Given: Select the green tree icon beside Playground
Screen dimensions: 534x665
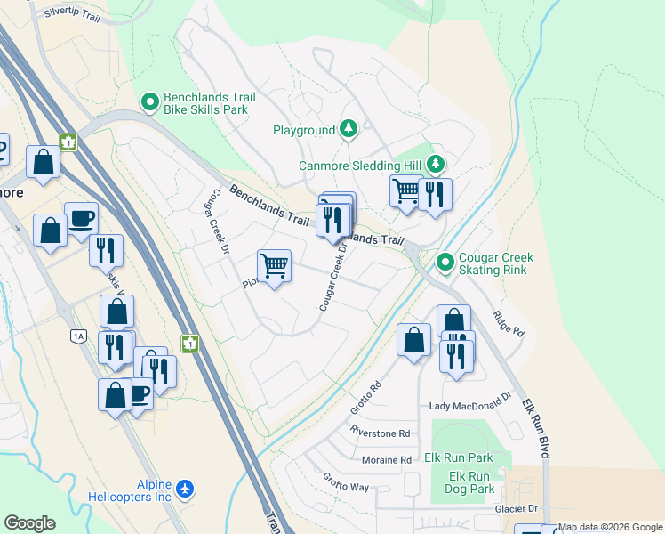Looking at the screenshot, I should pos(349,130).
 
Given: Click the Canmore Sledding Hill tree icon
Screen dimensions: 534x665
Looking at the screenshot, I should pos(435,164).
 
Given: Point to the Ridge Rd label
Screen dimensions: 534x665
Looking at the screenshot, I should pos(509,322).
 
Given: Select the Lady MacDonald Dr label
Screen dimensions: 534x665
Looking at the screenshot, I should pos(471,405).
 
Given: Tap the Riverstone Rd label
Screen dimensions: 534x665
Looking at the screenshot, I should pos(380,433).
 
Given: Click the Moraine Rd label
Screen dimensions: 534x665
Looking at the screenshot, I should pos(387,460).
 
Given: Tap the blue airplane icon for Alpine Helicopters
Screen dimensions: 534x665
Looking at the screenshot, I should pos(185,489).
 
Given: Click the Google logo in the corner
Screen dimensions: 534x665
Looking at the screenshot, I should pos(29,523).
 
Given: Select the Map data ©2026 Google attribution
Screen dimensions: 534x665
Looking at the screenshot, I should pos(610,527).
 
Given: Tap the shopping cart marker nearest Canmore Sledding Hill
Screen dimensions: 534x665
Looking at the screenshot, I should pos(405,191).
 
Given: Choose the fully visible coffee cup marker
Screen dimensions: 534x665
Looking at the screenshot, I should pos(82,217).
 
